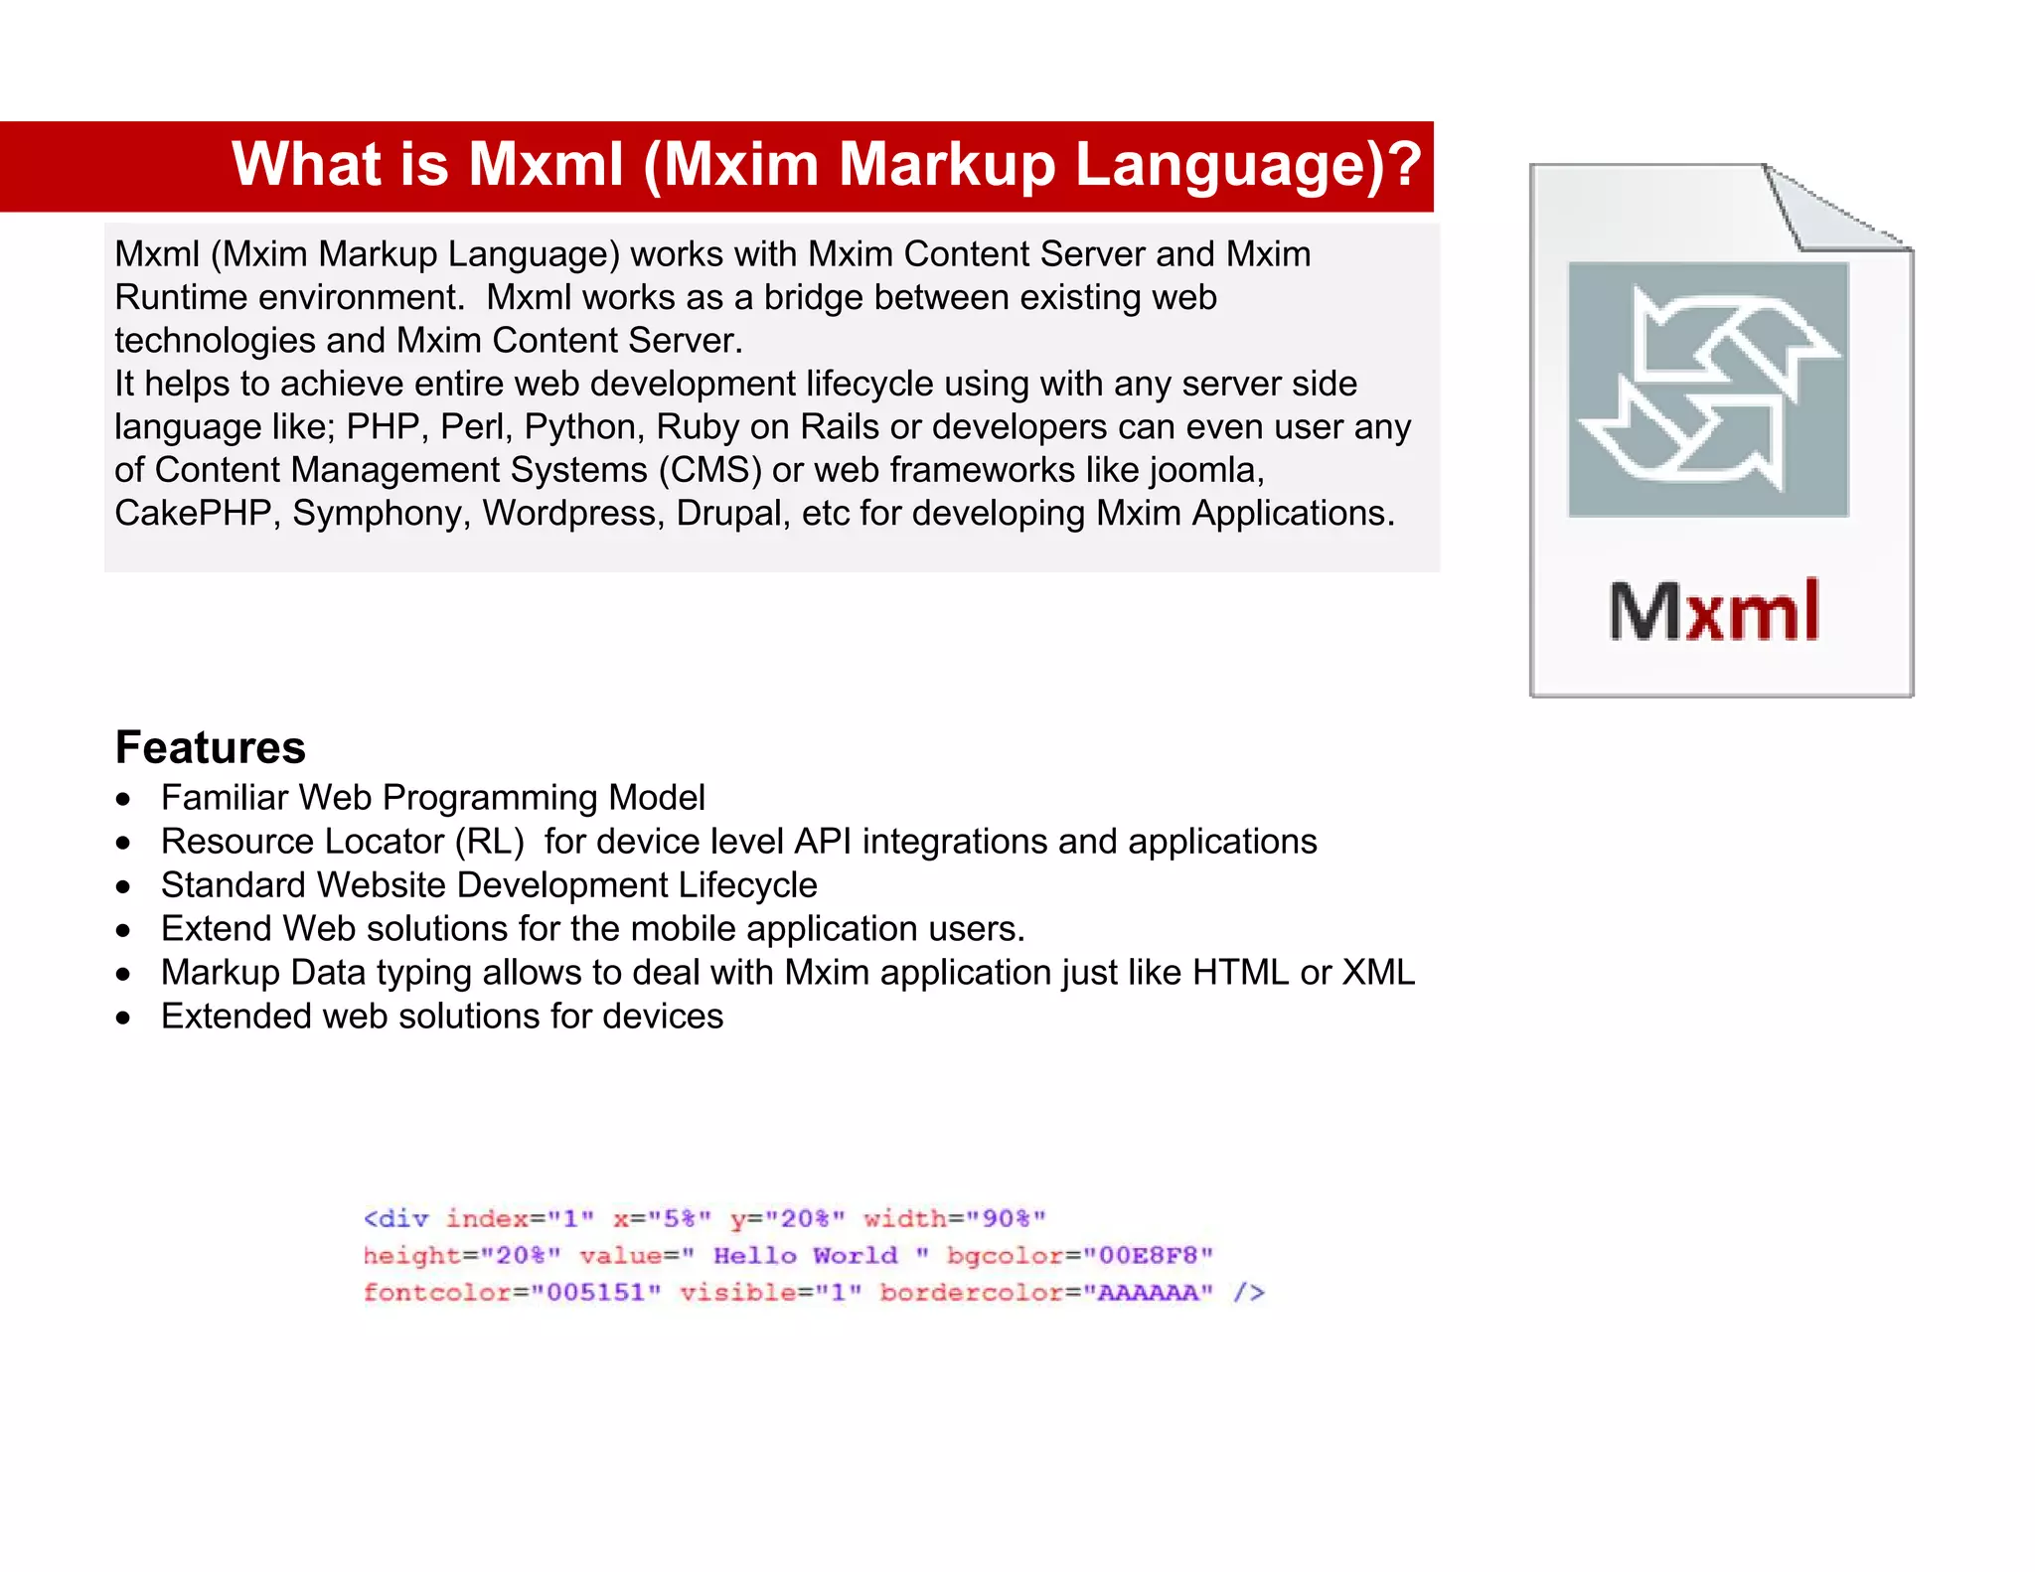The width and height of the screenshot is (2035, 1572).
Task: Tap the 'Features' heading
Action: pyautogui.click(x=210, y=747)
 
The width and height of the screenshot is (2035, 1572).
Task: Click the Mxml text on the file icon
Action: pyautogui.click(x=1714, y=611)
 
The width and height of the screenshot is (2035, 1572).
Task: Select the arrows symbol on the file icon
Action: pyautogui.click(x=1708, y=391)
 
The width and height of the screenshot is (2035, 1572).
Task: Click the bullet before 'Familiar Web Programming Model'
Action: pyautogui.click(x=123, y=799)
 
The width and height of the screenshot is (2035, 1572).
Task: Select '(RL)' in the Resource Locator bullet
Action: pyautogui.click(x=489, y=842)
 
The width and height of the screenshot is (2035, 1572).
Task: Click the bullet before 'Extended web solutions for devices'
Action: pyautogui.click(x=123, y=1018)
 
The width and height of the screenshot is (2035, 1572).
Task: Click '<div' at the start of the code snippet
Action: pyautogui.click(x=395, y=1218)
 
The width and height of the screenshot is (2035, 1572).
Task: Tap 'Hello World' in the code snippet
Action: pyautogui.click(x=805, y=1255)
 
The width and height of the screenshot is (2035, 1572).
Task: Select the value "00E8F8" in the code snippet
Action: pyautogui.click(x=1148, y=1255)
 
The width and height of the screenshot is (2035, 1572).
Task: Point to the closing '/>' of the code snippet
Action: pyautogui.click(x=1248, y=1292)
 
